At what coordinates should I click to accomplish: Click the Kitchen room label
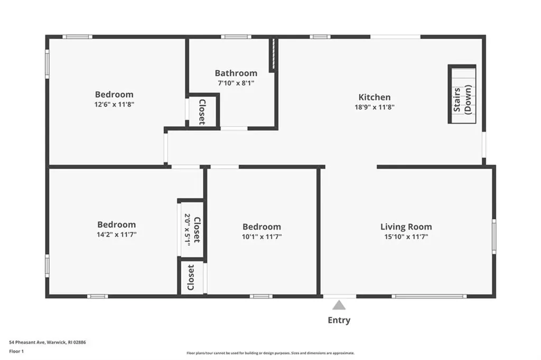375,97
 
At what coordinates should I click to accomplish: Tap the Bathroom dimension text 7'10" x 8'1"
236,83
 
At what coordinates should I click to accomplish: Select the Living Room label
406,227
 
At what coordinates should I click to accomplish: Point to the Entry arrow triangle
339,305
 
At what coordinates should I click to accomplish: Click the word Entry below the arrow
339,320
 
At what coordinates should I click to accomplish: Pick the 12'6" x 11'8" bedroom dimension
114,105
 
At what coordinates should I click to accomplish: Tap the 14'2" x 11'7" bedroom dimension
116,234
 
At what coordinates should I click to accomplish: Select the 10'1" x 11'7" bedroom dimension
262,237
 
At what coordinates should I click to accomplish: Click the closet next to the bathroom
202,112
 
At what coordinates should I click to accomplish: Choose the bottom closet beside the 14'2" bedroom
191,278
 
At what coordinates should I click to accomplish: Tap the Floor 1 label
16,351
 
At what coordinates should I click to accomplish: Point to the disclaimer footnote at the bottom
270,353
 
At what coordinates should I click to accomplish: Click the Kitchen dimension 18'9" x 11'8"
375,107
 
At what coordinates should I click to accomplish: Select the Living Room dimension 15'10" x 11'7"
406,237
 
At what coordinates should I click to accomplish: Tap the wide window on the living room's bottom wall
429,296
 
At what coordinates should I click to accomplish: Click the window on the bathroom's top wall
236,36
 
